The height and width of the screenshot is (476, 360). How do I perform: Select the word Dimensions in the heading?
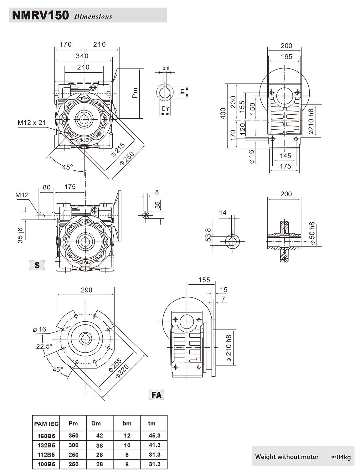point(93,17)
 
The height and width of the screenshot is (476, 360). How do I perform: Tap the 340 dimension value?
point(82,56)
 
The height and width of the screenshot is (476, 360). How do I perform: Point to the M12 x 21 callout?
point(32,122)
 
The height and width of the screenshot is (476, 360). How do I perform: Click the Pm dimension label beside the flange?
point(135,93)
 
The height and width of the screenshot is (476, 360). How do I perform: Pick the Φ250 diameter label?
point(127,159)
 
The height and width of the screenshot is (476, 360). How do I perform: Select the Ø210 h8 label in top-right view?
point(311,121)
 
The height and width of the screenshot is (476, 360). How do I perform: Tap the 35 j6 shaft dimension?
point(20,235)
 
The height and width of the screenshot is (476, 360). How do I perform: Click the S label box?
point(37,265)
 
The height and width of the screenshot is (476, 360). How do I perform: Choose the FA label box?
point(156,395)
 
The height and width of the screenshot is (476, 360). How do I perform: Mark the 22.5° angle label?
point(44,346)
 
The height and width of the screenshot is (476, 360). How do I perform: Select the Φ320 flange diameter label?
point(122,371)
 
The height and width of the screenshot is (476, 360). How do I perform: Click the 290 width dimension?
point(86,290)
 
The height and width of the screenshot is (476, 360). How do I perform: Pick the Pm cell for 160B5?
point(73,436)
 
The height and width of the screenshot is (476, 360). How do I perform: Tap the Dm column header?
point(96,423)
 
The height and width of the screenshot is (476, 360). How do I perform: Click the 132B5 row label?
point(46,445)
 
